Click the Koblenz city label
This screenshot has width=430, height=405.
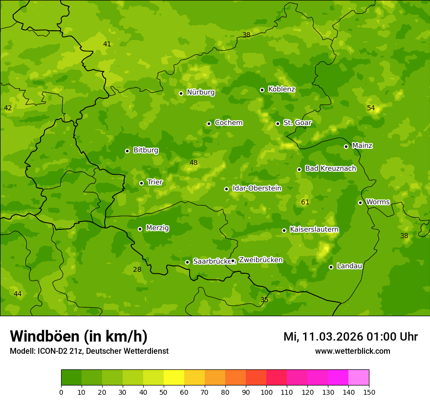point(281,89)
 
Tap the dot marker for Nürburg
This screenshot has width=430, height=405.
point(181,93)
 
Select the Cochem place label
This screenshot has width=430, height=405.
point(228,123)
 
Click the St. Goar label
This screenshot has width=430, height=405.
point(297,123)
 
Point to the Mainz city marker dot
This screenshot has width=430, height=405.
point(346,146)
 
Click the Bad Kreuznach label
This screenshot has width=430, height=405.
point(330,169)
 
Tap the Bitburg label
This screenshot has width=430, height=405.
point(146,150)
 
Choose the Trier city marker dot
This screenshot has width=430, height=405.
point(142,183)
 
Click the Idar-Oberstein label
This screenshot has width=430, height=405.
point(257,188)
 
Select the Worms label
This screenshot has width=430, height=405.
point(378,202)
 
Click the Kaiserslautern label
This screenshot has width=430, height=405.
point(314,230)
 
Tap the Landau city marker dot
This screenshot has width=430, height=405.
point(331,267)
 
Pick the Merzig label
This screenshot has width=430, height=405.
point(157,228)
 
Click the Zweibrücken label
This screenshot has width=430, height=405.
point(260,260)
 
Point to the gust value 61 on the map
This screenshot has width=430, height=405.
point(305,202)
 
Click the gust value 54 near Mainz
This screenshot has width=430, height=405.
point(371,108)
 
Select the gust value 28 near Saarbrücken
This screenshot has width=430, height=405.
point(137,270)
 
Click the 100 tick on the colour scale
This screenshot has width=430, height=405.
point(266,392)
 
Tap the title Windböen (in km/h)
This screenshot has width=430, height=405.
point(79,336)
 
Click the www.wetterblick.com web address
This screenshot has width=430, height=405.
point(352,351)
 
